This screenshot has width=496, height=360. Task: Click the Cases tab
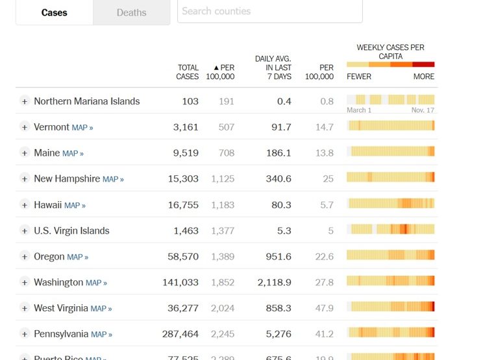[54, 12]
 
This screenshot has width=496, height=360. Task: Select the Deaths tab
[131, 12]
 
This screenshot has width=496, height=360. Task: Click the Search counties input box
[269, 11]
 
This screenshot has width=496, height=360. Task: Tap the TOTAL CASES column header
[188, 72]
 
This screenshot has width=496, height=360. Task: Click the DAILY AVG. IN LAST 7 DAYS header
[273, 67]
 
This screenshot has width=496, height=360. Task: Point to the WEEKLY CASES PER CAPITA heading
[390, 52]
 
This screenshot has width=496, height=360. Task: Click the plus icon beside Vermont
[25, 127]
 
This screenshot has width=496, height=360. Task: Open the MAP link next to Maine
[73, 154]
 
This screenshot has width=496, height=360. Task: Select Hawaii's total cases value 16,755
[182, 205]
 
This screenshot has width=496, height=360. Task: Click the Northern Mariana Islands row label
[86, 101]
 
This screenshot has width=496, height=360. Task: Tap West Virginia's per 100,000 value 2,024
[222, 309]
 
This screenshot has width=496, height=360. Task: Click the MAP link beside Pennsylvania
[101, 335]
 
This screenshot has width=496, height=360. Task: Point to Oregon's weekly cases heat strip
[390, 255]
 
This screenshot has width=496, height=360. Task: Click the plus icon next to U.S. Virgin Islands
[25, 231]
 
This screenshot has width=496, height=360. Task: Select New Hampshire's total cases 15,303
[182, 179]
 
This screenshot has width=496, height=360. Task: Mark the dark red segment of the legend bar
[423, 64]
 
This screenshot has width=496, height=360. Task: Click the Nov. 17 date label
[423, 110]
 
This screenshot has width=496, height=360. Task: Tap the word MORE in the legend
[423, 77]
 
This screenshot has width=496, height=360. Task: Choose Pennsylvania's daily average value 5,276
[277, 335]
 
